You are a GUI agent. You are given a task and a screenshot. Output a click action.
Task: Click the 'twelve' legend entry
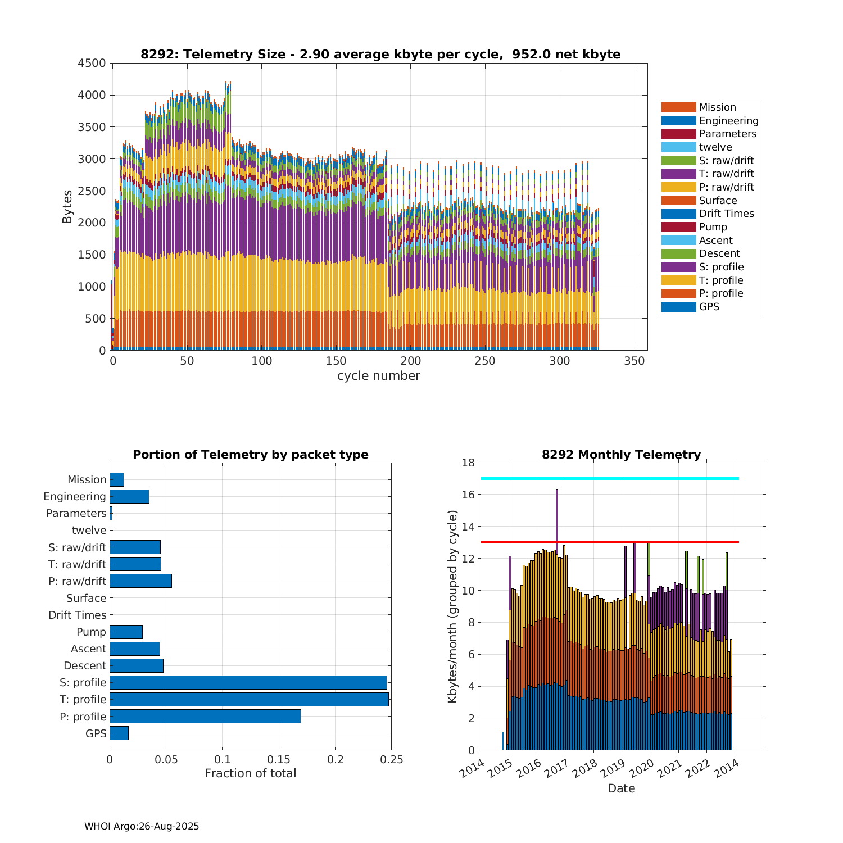[x=715, y=147]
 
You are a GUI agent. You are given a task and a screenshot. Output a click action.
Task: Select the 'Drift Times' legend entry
[x=726, y=214]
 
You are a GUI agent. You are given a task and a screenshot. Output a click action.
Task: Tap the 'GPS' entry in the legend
[x=709, y=307]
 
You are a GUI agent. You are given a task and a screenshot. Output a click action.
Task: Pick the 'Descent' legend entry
[x=719, y=253]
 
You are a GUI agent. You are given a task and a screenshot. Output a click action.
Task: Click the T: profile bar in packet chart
[x=249, y=700]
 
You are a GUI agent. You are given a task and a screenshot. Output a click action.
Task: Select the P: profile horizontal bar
[x=205, y=717]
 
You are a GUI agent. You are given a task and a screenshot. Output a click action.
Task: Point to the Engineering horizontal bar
[x=129, y=496]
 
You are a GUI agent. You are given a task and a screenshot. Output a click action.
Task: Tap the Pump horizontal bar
[x=126, y=632]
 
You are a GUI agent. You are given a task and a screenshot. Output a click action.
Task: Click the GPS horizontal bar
[x=119, y=733]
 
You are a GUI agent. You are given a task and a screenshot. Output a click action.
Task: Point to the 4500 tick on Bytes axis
[x=92, y=63]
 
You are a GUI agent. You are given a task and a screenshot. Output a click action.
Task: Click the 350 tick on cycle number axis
[x=634, y=361]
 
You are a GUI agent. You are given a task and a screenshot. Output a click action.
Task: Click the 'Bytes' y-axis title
[x=67, y=207]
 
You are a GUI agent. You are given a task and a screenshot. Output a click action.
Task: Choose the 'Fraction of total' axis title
[x=250, y=773]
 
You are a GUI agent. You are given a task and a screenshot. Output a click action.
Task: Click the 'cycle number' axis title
[x=379, y=376]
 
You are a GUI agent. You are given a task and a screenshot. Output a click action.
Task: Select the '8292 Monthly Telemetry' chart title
[x=621, y=455]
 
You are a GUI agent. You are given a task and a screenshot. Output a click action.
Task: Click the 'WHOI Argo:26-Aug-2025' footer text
[x=142, y=826]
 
